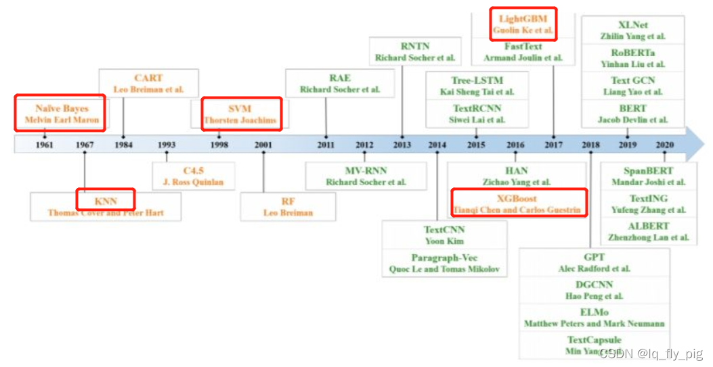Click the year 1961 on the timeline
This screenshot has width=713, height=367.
click(45, 145)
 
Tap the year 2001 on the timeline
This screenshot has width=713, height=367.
click(264, 145)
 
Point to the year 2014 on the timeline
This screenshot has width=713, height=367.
click(437, 145)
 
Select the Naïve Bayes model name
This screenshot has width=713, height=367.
click(62, 108)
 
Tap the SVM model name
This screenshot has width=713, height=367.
click(240, 108)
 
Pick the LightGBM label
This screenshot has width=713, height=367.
click(523, 18)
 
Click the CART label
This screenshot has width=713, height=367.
click(148, 78)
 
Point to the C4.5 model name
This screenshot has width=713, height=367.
click(193, 170)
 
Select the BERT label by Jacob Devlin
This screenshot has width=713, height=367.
click(632, 108)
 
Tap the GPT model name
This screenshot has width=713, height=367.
click(594, 257)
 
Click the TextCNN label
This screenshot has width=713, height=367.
click(444, 230)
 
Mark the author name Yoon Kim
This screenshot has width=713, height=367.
click(444, 241)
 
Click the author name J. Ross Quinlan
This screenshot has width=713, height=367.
click(193, 182)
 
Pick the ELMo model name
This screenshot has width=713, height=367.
click(594, 312)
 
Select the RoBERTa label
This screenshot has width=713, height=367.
click(632, 53)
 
